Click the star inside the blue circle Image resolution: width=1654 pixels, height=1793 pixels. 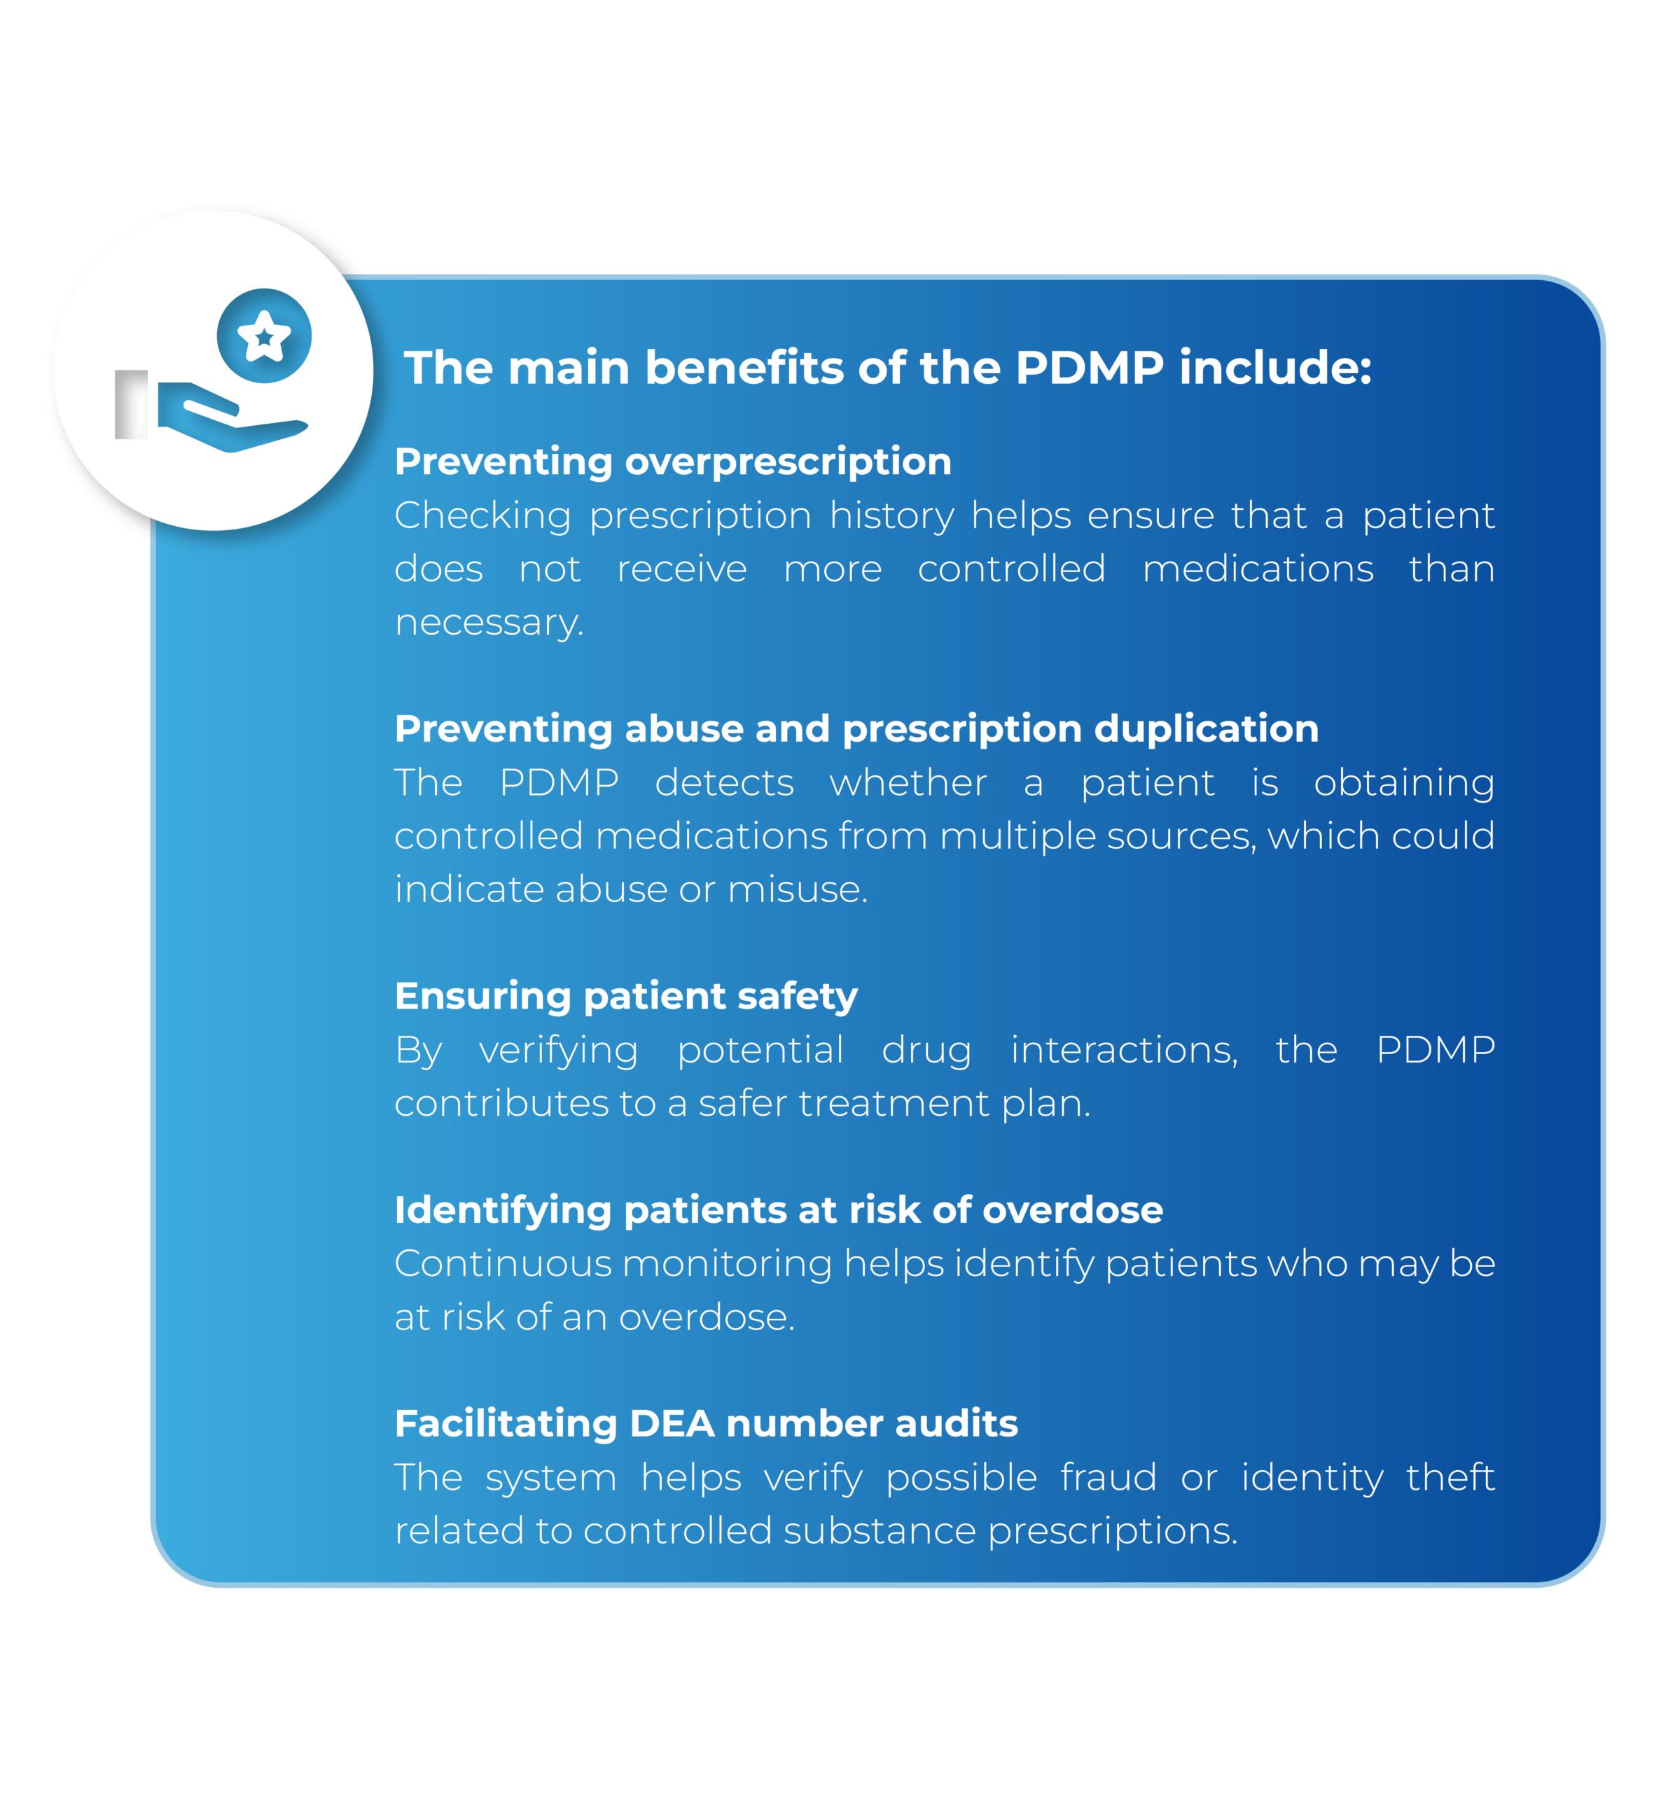point(264,337)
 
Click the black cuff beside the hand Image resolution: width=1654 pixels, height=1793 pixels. point(132,405)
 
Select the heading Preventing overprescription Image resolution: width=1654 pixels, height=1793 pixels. point(672,462)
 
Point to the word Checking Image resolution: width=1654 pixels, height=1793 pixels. point(482,516)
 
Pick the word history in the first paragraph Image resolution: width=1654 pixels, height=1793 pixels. point(891,516)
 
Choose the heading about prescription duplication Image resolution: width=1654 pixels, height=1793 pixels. point(856,728)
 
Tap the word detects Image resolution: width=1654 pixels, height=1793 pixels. point(724,783)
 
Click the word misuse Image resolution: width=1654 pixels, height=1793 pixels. point(797,889)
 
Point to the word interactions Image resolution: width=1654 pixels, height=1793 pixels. point(1123,1050)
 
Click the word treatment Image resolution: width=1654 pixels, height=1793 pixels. point(894,1104)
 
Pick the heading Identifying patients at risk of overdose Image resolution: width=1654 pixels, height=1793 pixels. point(779,1210)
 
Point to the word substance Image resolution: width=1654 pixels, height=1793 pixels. point(879,1532)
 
